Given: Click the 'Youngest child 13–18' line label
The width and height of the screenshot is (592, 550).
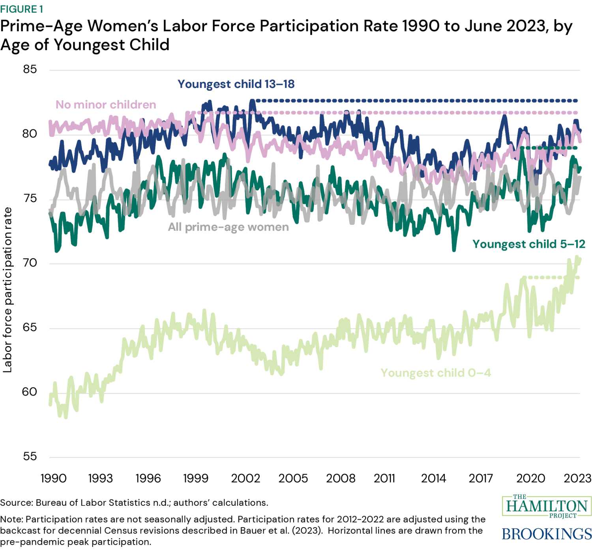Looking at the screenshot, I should pyautogui.click(x=236, y=84).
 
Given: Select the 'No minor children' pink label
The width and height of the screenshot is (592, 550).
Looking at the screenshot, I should pyautogui.click(x=106, y=105).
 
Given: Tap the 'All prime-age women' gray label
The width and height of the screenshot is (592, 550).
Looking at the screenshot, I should pyautogui.click(x=228, y=227).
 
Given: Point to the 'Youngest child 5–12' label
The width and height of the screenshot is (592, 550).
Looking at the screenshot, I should pyautogui.click(x=528, y=244).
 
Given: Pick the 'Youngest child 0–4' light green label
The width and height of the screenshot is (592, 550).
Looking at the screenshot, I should pyautogui.click(x=435, y=373).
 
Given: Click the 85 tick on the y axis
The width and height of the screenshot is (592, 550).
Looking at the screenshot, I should pyautogui.click(x=30, y=69).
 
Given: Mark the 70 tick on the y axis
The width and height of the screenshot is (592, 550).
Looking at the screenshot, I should pyautogui.click(x=30, y=263).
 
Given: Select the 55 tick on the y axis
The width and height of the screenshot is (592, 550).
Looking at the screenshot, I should pyautogui.click(x=30, y=456).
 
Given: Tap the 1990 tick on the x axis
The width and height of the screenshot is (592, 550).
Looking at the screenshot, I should pyautogui.click(x=53, y=478).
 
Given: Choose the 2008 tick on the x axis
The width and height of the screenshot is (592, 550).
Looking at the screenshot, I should pyautogui.click(x=341, y=478).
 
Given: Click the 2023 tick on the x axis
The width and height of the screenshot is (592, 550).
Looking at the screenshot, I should pyautogui.click(x=577, y=478).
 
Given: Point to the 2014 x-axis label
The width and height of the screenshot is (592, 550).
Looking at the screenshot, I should pyautogui.click(x=433, y=478).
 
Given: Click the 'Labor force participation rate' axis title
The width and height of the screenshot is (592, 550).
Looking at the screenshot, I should pyautogui.click(x=7, y=290).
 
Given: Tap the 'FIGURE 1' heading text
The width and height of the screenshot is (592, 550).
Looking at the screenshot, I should pyautogui.click(x=22, y=9).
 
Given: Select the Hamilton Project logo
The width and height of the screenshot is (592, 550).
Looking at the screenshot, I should pyautogui.click(x=547, y=506).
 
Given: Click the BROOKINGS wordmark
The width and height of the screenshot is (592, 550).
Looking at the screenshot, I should pyautogui.click(x=547, y=534).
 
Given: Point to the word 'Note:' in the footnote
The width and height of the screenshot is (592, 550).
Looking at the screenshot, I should pyautogui.click(x=11, y=519).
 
